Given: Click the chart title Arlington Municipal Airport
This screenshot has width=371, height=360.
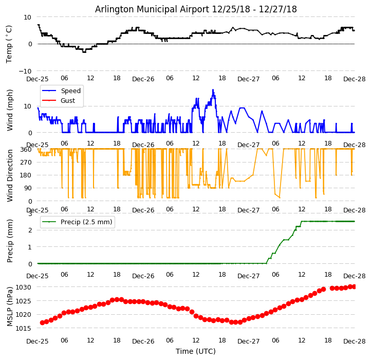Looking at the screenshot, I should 196,9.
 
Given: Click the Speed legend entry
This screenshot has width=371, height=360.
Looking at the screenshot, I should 70,91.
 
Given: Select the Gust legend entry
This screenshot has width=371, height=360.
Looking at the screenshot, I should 67,100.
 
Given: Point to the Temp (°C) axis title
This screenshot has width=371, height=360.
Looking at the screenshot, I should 9,44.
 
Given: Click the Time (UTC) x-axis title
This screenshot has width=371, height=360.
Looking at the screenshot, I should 196,351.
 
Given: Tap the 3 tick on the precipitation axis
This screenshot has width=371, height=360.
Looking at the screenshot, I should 30,214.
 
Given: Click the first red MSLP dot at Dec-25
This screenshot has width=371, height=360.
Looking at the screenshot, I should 42,322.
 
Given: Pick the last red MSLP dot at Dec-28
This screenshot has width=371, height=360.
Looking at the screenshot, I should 354,286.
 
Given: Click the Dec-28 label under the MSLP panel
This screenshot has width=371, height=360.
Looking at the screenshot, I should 355,341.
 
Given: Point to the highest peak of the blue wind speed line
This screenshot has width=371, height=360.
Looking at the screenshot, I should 213,90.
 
